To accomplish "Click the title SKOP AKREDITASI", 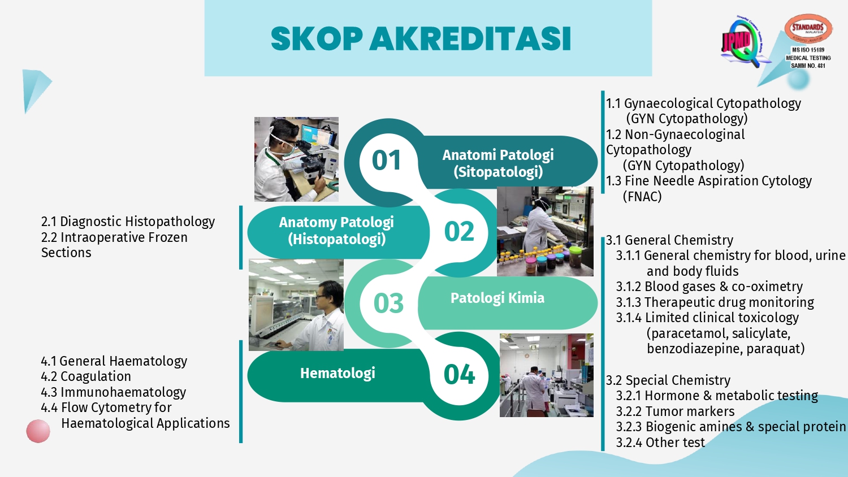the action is click(x=421, y=38).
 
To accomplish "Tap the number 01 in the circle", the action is click(x=386, y=160).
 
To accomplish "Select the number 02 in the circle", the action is click(x=459, y=231).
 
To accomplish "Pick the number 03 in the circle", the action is click(x=388, y=303).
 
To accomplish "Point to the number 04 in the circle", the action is click(x=459, y=375).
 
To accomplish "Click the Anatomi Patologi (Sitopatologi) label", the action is click(x=498, y=163).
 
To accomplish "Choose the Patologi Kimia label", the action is click(x=497, y=298).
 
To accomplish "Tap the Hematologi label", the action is click(x=338, y=373).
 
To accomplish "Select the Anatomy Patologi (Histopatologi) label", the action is click(x=336, y=231).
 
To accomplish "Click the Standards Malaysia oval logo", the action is click(x=808, y=28).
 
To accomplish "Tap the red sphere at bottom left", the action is click(x=38, y=431).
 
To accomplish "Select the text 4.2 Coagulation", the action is click(x=86, y=376).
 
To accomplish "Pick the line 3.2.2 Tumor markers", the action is click(x=675, y=411).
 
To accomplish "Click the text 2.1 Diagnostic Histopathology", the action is click(x=128, y=222).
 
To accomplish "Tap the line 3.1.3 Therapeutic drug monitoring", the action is click(x=715, y=302).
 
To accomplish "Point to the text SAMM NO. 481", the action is click(x=808, y=66).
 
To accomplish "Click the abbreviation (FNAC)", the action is click(x=642, y=197).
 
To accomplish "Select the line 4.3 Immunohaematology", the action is click(x=114, y=392).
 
